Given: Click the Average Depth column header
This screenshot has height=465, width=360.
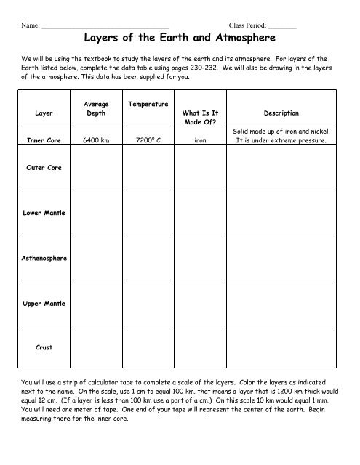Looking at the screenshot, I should pyautogui.click(x=96, y=109).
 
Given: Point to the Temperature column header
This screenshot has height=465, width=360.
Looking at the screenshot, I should pyautogui.click(x=148, y=105).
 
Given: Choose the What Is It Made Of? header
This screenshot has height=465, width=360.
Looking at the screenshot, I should pyautogui.click(x=200, y=118).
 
